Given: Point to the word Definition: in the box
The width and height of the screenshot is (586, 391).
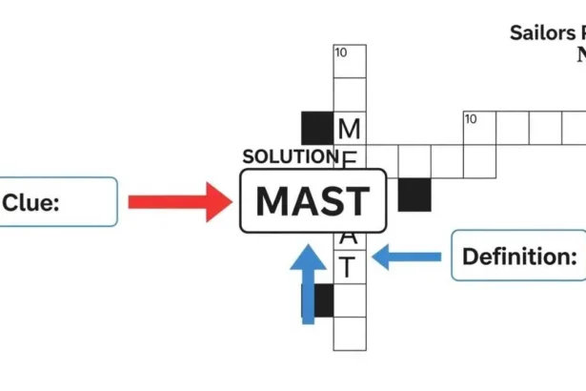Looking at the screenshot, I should [x=519, y=256].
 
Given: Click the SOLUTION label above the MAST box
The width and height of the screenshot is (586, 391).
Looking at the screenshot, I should [x=290, y=156].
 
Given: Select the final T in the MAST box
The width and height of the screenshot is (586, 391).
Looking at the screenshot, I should [x=357, y=201].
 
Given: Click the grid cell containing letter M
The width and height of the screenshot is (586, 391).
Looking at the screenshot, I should [x=350, y=128].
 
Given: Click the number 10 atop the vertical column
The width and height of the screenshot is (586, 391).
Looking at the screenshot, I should [x=341, y=51].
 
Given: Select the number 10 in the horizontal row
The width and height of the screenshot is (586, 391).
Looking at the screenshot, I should [x=471, y=119].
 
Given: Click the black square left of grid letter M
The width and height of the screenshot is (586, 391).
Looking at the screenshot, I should [x=317, y=128].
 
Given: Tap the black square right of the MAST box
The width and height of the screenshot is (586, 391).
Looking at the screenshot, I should [x=414, y=195].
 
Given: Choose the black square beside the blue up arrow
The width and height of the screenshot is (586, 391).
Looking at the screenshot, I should [x=325, y=300].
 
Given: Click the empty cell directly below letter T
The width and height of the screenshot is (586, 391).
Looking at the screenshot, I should [x=350, y=300].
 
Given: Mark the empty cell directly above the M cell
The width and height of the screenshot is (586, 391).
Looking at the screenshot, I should [x=350, y=94].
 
